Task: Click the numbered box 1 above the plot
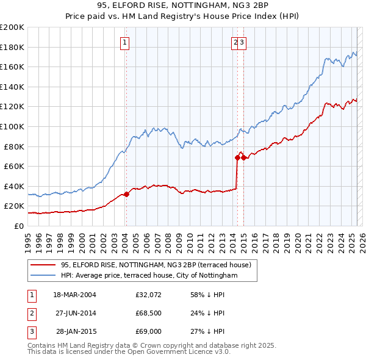(x=124, y=42)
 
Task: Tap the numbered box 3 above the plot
(x=242, y=42)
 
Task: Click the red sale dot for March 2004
(x=127, y=195)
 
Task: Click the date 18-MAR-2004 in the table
(x=74, y=295)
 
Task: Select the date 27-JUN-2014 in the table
(x=74, y=314)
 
